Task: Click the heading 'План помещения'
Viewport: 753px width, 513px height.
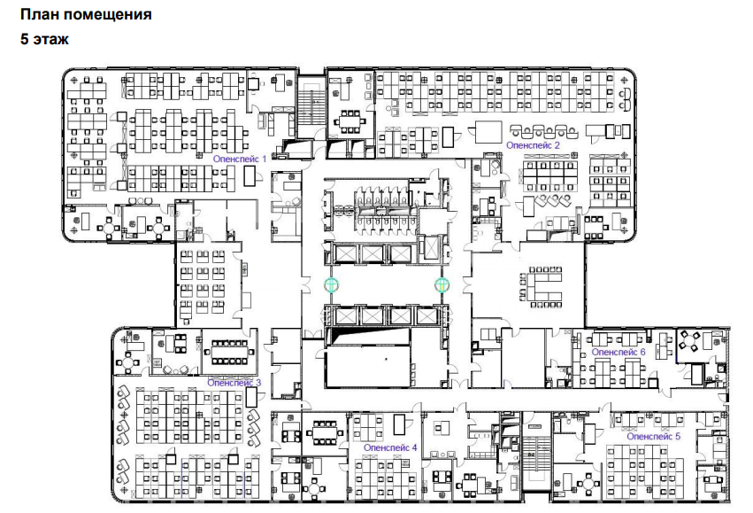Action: pyautogui.click(x=86, y=14)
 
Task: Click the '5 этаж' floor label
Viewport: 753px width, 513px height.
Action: pyautogui.click(x=44, y=39)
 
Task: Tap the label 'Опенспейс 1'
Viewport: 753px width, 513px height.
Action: pyautogui.click(x=239, y=159)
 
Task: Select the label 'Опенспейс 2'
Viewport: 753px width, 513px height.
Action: pyautogui.click(x=533, y=144)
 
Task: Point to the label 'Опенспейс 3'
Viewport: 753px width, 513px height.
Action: pyautogui.click(x=234, y=383)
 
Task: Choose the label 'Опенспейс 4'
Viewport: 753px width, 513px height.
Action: pyautogui.click(x=390, y=447)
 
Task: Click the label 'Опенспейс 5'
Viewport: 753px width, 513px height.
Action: pyautogui.click(x=653, y=437)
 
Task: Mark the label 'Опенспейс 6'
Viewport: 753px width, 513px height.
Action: pyautogui.click(x=619, y=352)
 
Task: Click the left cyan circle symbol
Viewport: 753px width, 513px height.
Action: pyautogui.click(x=331, y=285)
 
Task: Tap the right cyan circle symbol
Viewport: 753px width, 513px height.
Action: pyautogui.click(x=442, y=285)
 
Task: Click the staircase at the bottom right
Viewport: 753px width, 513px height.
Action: pyautogui.click(x=537, y=455)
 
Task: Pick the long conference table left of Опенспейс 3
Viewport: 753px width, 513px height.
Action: pyautogui.click(x=230, y=353)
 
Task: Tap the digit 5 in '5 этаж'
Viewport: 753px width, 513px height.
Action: pyautogui.click(x=25, y=39)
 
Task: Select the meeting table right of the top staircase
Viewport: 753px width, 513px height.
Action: pyautogui.click(x=350, y=121)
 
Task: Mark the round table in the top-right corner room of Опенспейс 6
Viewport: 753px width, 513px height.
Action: pyautogui.click(x=689, y=341)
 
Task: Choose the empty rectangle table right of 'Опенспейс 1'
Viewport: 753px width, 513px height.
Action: pyautogui.click(x=250, y=175)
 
